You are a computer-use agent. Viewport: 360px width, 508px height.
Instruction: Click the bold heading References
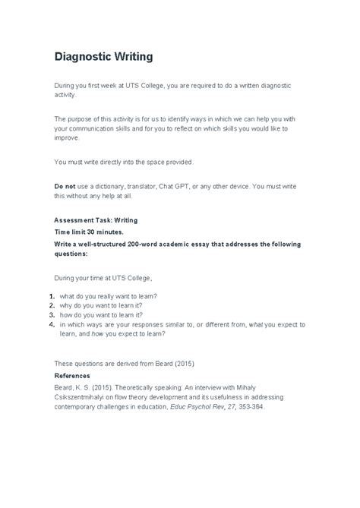click(x=72, y=375)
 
